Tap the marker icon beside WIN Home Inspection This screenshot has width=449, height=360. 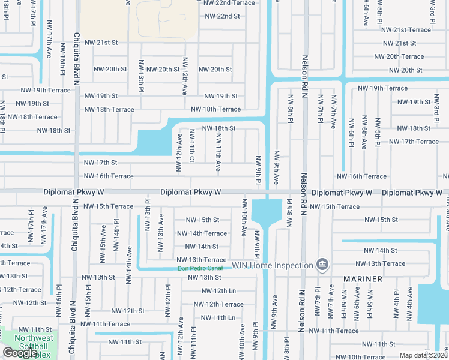(x=322, y=265)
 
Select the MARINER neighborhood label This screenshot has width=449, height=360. (x=363, y=279)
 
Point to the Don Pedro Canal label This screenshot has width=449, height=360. (x=200, y=268)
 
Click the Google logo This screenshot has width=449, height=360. (x=19, y=353)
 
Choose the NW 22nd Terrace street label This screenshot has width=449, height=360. (x=229, y=3)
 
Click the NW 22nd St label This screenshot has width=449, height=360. (x=221, y=16)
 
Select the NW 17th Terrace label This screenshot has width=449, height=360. (x=414, y=142)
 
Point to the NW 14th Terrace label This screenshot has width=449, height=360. (x=202, y=233)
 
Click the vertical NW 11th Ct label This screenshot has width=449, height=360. (x=192, y=146)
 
